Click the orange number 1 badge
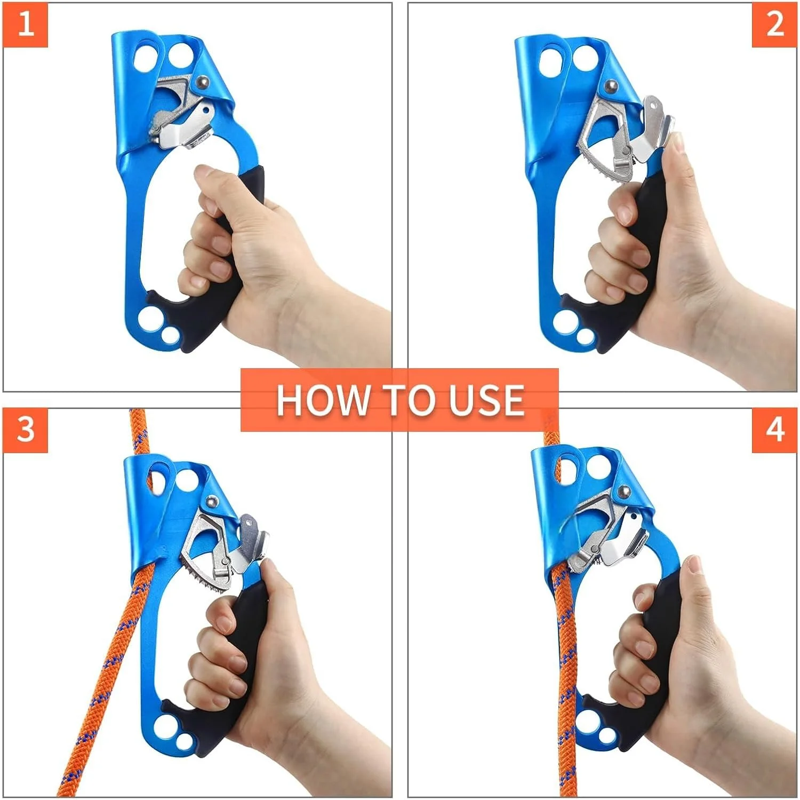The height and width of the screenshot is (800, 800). (25, 25)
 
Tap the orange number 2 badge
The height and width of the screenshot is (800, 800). (774, 25)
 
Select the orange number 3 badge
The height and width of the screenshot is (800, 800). (25, 430)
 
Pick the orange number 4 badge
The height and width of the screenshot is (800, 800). (774, 430)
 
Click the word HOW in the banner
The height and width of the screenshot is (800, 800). (323, 400)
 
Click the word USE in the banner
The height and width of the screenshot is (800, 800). (486, 400)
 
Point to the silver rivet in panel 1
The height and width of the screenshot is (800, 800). (203, 82)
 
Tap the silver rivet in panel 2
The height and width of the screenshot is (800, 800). (611, 86)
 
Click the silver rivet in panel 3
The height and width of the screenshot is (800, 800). (212, 501)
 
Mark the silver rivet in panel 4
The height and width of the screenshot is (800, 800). (623, 492)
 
